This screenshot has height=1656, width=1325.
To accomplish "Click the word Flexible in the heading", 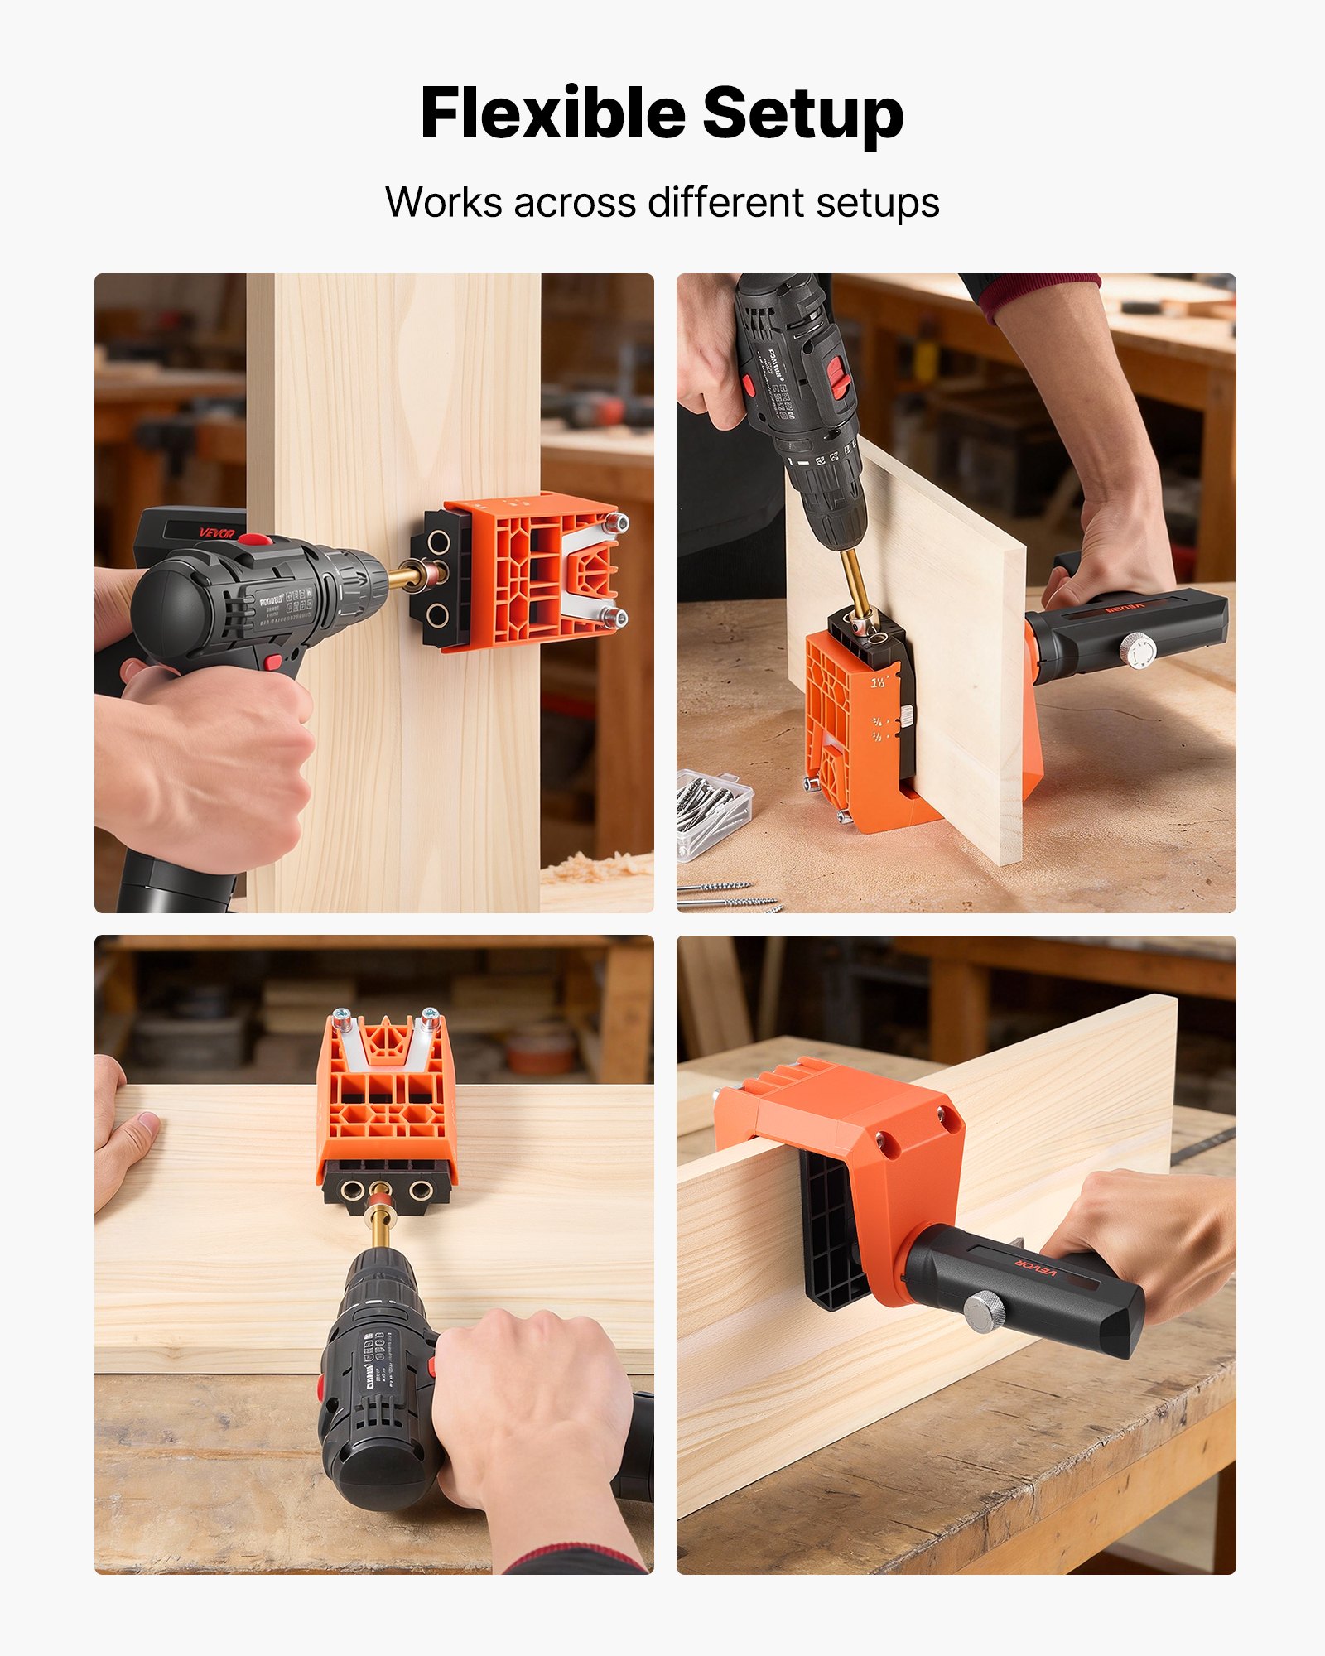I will coord(553,113).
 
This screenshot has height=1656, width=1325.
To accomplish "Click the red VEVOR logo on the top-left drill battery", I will coord(217,532).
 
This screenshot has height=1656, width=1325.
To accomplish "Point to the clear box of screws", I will coord(713,811).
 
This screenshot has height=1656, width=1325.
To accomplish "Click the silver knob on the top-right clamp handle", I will coord(1139,652).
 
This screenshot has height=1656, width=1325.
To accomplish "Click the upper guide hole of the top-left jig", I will coord(438,544).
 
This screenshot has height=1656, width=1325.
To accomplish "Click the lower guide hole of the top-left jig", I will coord(438,614).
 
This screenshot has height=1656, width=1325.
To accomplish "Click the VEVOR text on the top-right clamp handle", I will coord(1124,610).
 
